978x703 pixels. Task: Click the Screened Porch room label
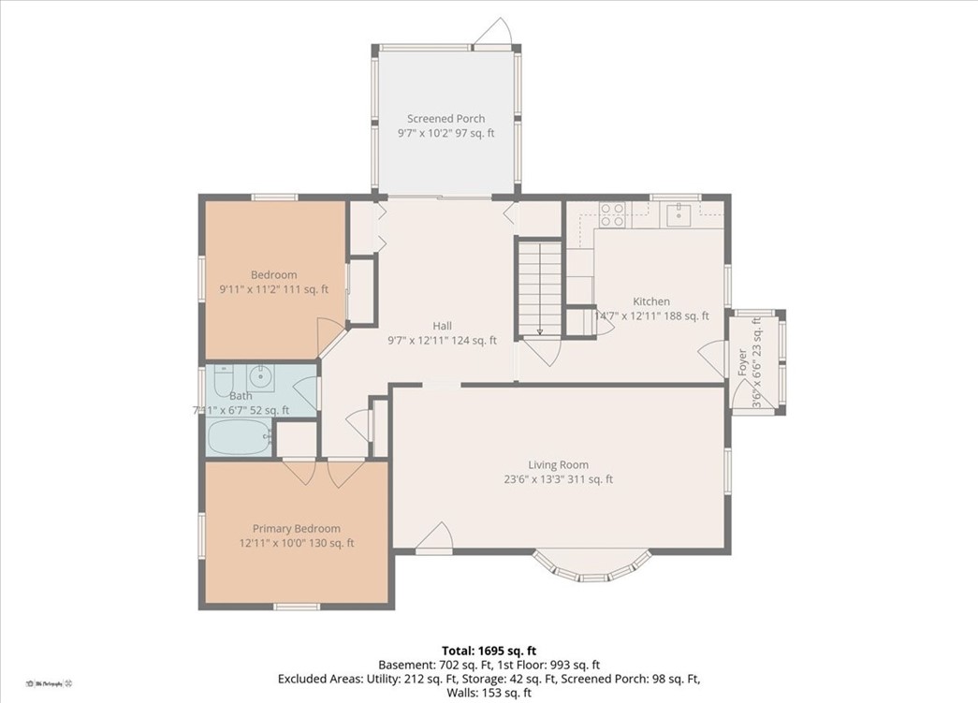[445, 119]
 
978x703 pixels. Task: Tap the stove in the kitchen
[612, 215]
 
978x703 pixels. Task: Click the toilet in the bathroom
[223, 380]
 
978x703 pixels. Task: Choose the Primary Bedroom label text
[296, 529]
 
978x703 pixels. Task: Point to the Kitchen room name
[651, 301]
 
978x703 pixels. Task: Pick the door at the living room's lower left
[434, 540]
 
